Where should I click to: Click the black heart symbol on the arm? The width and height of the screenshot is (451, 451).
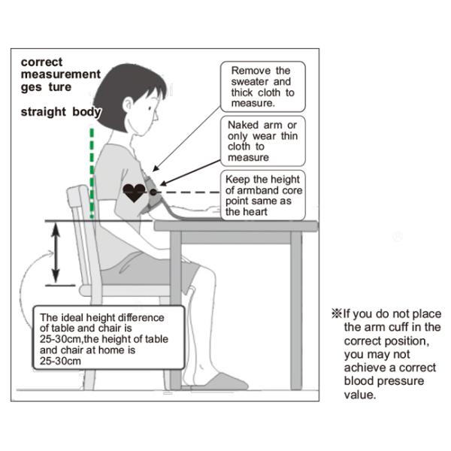(134, 192)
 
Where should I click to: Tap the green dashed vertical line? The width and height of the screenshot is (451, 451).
(92, 173)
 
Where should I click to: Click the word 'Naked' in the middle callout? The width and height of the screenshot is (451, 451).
(243, 125)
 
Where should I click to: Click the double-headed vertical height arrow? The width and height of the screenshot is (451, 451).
(56, 253)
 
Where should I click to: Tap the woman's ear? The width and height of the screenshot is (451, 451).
(128, 105)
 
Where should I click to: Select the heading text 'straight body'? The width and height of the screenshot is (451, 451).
(61, 112)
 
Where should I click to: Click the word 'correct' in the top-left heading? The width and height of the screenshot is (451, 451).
(41, 62)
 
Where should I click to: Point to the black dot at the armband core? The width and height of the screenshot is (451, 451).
(153, 192)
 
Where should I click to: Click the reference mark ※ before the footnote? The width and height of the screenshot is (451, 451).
(337, 313)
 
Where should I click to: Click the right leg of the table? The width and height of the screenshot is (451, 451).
(296, 310)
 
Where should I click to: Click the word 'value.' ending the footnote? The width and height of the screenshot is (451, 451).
(360, 395)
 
